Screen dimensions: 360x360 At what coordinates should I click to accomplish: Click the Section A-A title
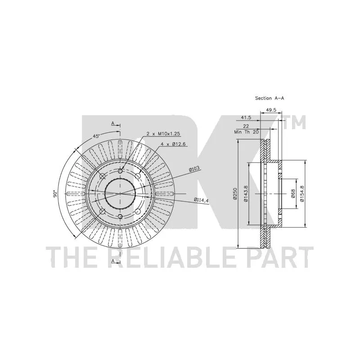270,98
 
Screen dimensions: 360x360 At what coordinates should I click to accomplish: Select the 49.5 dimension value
271,110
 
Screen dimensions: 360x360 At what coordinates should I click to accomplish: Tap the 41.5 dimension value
246,117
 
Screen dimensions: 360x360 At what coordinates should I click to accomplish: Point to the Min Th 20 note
246,132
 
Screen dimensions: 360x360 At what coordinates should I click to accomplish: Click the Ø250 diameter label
235,194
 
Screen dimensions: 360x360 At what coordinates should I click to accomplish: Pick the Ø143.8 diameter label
245,194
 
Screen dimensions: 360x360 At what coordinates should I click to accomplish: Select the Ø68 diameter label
293,194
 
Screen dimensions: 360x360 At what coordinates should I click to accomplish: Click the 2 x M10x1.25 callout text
163,134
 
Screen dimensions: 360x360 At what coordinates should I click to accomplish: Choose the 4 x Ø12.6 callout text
173,144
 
